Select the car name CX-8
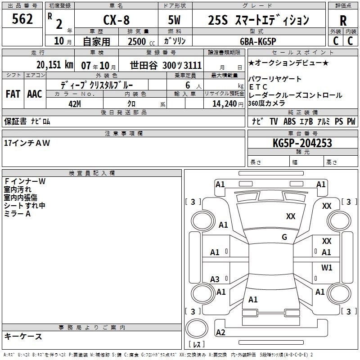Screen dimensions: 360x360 (116, 20)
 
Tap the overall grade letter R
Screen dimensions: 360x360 (343, 21)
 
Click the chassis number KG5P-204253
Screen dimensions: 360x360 (302, 143)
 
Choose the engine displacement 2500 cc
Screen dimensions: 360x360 (139, 41)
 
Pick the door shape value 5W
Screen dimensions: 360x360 (175, 20)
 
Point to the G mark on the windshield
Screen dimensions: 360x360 (284, 237)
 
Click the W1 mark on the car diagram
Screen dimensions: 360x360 (327, 268)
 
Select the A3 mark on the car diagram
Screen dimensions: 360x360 (215, 279)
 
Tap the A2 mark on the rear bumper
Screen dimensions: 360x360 (220, 333)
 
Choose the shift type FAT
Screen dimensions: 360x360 (13, 94)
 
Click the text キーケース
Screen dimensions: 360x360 (23, 336)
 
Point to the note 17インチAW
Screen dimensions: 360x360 (27, 143)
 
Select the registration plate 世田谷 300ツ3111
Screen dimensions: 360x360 (166, 64)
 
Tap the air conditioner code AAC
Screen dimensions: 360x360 (34, 94)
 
